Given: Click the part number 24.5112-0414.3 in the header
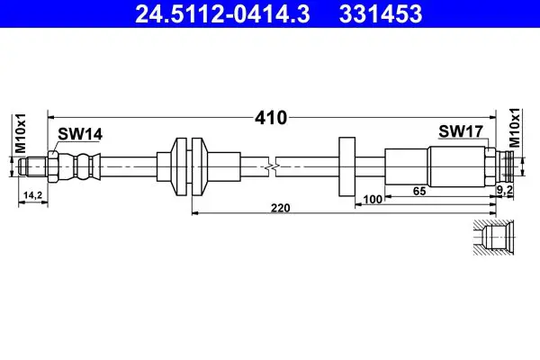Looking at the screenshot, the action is pos(223,13).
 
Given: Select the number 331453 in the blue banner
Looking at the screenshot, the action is pos(381,13).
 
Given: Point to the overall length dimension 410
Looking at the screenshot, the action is pos(271,118).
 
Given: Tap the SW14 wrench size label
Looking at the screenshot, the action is pos(80,134).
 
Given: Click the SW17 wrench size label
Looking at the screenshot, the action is pos(461,131).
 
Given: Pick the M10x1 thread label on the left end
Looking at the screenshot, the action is pos(21,133).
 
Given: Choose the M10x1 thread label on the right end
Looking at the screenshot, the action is pos(515,128).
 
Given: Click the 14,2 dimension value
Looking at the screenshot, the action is pos(32,195).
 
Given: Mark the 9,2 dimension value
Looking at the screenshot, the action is pos(505,189).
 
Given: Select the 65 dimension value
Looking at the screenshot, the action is pos(419,191).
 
